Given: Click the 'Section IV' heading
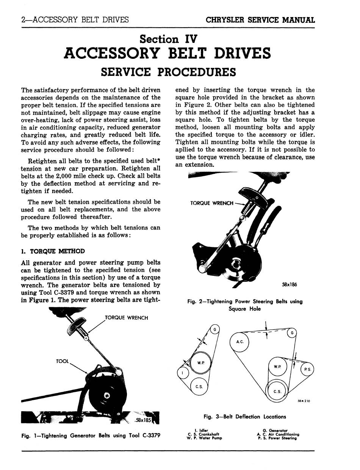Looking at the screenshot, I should pos(168,39).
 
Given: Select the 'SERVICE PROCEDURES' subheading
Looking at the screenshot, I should pos(168,72).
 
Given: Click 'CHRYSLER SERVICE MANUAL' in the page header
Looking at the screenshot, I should pos(260,20).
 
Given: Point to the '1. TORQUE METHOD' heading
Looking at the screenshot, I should pos(53,252).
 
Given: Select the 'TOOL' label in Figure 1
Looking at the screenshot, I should pos(62,362).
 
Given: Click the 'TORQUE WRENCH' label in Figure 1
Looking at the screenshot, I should pos(126,318).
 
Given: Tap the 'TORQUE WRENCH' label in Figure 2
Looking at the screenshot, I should pos(212,203).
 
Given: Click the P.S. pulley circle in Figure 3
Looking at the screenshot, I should pos(307,370).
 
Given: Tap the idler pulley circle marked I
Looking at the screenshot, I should pos(183,373).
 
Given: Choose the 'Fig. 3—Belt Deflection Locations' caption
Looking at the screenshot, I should pos(244,417).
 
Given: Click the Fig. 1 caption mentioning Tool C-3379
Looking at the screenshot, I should pos(91,435).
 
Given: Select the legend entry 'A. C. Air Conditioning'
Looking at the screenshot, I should pos(278,434).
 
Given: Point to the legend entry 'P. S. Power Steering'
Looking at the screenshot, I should pos(277,438).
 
